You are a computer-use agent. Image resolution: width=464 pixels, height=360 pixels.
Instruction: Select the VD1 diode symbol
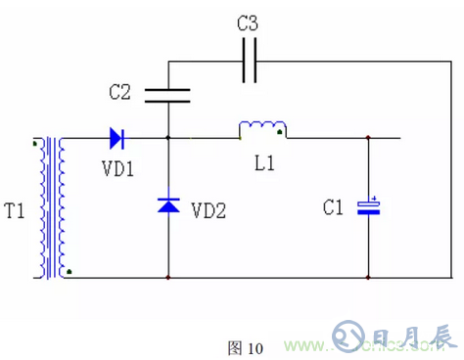[117, 137]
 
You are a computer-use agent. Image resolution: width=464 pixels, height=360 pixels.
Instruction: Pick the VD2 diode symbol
[168, 205]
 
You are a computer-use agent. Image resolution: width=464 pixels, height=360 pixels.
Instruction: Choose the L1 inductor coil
[262, 129]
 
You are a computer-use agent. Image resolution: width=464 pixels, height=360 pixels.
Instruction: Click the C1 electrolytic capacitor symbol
[369, 205]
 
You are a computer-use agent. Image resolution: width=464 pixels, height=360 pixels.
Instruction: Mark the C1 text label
[334, 207]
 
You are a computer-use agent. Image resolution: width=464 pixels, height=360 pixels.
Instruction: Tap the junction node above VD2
[168, 137]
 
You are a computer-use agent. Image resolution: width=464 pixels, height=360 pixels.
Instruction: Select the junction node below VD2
[168, 278]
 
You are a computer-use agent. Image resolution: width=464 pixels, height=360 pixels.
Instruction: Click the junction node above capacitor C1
[369, 137]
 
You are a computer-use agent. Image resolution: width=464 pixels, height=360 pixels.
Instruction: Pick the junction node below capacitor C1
[369, 278]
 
